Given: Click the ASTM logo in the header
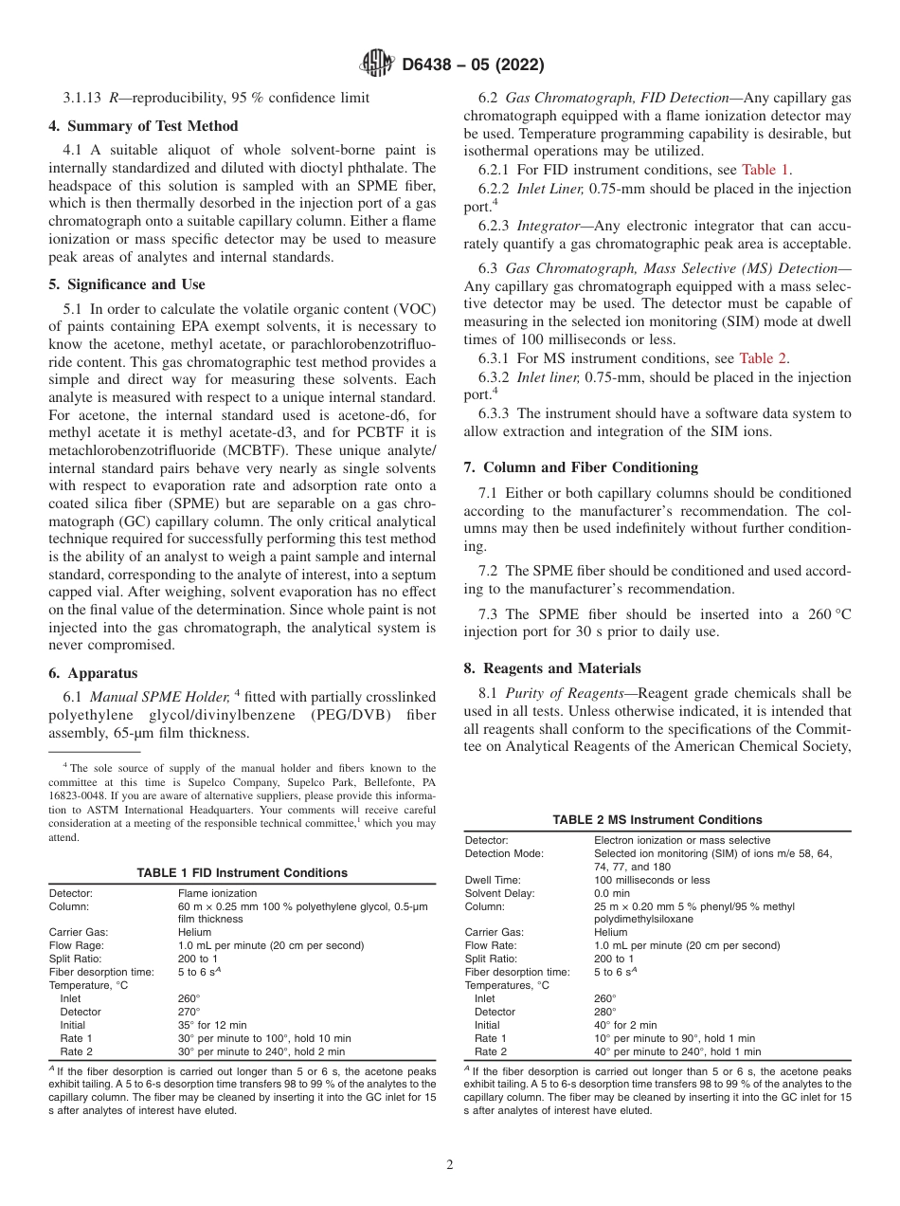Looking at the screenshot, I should (377, 64).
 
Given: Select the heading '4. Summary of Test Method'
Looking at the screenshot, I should (143, 126).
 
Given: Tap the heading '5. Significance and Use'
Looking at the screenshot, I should (127, 284).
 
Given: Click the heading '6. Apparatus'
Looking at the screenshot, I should (93, 673).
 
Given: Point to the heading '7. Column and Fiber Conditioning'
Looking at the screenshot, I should (590, 467).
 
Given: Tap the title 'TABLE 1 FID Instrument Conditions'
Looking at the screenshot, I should (242, 872).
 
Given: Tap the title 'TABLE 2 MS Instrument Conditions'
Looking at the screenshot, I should (657, 819).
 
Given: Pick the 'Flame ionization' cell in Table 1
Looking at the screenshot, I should (217, 893).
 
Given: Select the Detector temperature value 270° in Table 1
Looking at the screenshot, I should (189, 1012).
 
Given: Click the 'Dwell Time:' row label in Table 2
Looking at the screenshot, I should (493, 880).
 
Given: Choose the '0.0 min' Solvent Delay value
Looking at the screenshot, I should (612, 893).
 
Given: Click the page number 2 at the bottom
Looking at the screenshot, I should (450, 1165).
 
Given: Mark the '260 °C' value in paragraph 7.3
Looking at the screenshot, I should (824, 614).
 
